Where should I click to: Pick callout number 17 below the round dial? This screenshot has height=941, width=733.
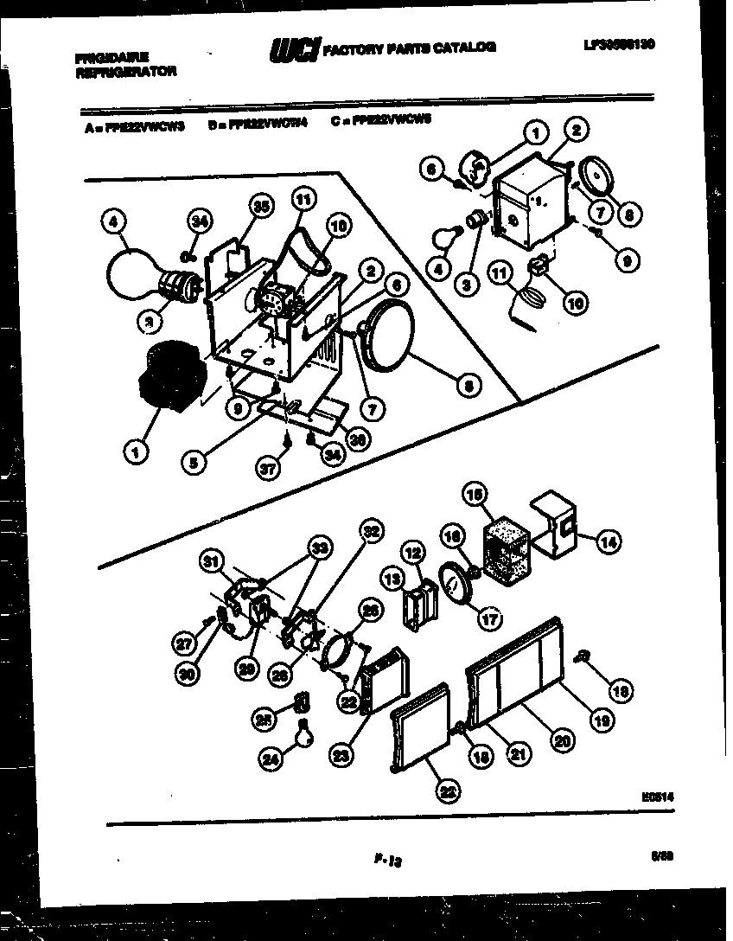pos(490,619)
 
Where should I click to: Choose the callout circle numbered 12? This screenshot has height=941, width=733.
pos(411,552)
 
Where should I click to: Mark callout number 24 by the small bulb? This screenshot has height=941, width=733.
pos(271,759)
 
